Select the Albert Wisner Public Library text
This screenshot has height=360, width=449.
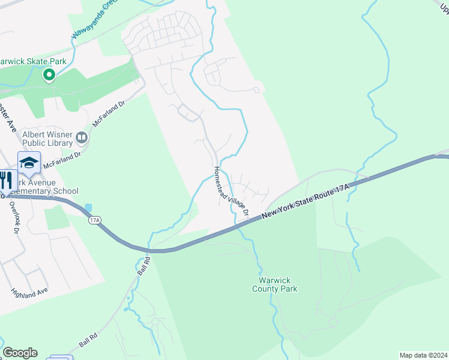(47, 139)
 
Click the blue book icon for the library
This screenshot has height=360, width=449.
(82, 139)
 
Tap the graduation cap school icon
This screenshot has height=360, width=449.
(29, 162)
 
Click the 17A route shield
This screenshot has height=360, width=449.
(94, 220)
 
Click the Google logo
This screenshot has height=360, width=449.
(20, 353)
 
